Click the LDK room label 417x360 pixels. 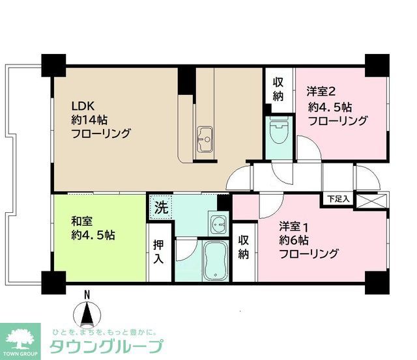coord(83,105)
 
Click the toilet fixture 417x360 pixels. coord(278,133)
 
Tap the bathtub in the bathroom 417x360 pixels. coord(216,262)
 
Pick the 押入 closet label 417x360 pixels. coord(159,251)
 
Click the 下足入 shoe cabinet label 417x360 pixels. coord(338,198)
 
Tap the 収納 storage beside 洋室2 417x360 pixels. coord(278,89)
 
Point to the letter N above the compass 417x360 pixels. coord(87,296)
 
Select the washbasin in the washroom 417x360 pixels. coord(217,223)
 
